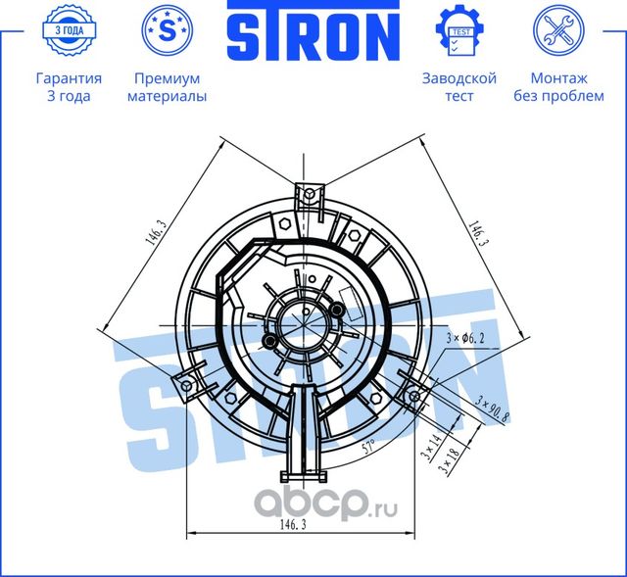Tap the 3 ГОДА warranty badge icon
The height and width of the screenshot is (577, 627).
[69, 29]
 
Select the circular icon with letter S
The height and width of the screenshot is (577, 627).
[168, 29]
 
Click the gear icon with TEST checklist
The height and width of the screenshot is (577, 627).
[458, 29]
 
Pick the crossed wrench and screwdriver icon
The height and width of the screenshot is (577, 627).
[558, 29]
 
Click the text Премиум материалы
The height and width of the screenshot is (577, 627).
[168, 87]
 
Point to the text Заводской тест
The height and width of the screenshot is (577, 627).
[458, 87]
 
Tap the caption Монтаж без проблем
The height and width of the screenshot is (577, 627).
[558, 87]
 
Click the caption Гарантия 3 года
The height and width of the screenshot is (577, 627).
[69, 87]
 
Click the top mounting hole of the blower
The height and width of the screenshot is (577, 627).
[309, 193]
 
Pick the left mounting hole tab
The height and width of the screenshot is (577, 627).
[187, 386]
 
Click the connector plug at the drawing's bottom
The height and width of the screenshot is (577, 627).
[301, 476]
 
